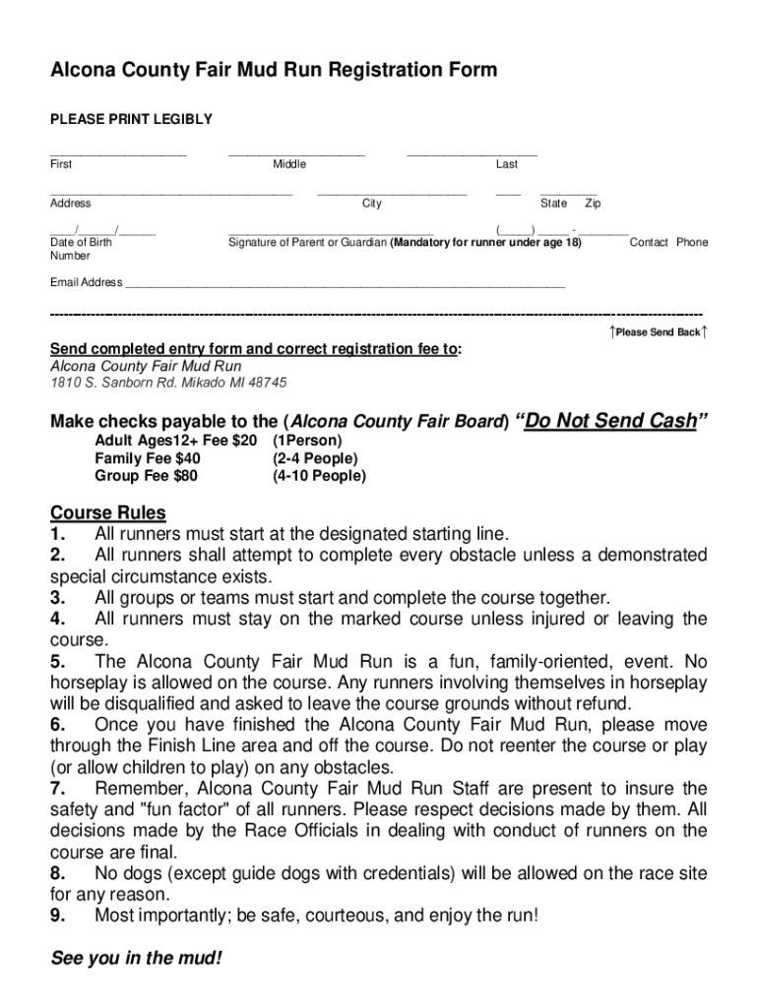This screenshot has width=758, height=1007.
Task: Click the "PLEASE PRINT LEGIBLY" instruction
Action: coord(131,119)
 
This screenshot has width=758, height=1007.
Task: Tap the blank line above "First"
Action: coord(118,153)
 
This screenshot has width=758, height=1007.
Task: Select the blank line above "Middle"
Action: coord(295,153)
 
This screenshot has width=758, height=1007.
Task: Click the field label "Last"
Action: coord(506,164)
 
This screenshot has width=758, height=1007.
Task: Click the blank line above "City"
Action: coord(392,193)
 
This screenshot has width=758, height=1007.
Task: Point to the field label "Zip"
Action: coord(593,204)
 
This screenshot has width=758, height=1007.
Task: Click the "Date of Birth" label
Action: coord(81,242)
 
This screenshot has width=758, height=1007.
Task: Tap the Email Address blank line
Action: coord(345,285)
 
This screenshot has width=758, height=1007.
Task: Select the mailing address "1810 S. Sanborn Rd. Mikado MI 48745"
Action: coord(168,383)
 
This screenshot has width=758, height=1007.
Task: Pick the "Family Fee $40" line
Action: coord(148,458)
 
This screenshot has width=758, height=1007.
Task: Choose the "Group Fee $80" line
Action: coord(146,476)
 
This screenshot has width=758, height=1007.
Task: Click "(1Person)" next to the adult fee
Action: coord(307,441)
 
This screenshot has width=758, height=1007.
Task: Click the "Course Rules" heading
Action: coord(108,513)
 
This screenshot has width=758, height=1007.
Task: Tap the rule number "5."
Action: coord(58,663)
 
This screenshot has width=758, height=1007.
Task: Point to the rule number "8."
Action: coord(58,873)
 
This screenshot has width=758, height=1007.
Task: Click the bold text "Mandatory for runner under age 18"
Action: coord(485,242)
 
